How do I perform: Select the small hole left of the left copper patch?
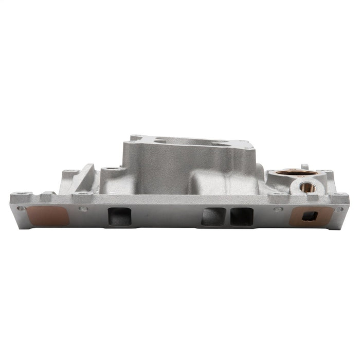21,208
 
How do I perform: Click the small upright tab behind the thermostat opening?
304,167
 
